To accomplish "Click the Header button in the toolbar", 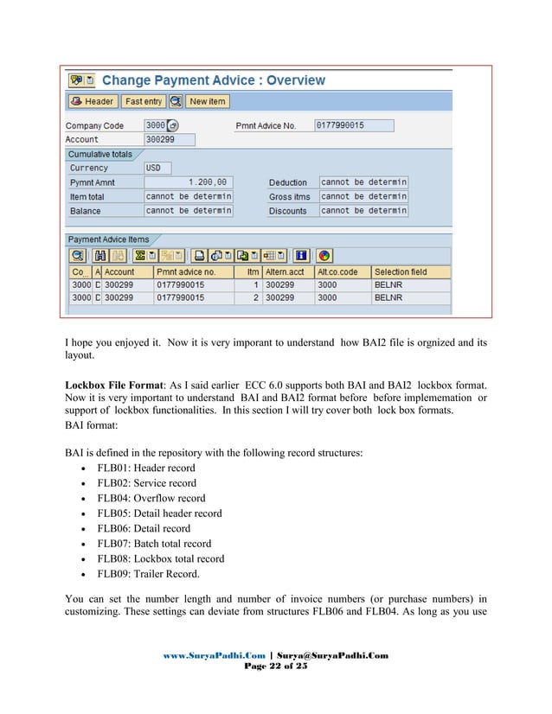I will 93,101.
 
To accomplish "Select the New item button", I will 207,101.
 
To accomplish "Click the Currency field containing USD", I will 157,168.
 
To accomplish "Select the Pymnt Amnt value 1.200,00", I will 188,182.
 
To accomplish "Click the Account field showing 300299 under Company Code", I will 170,139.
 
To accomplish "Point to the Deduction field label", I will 288,182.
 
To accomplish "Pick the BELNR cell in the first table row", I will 385,284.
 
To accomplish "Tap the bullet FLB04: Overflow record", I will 151,498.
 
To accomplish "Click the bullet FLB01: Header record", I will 146,468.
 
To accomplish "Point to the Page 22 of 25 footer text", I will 275,666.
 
